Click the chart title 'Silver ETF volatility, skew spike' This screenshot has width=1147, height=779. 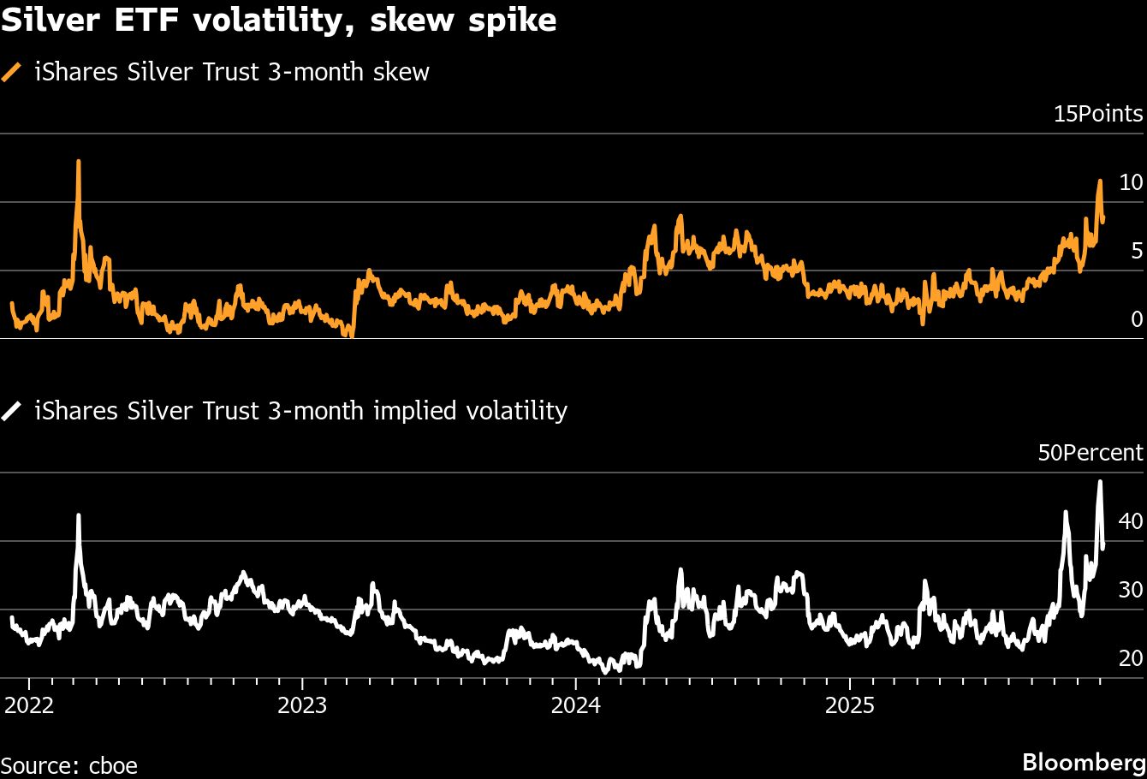[x=278, y=20]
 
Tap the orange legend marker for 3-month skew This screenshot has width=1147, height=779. [x=12, y=73]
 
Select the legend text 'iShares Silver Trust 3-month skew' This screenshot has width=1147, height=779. [x=231, y=72]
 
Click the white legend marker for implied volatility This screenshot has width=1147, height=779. [x=12, y=412]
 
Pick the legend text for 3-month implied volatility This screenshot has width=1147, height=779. [x=300, y=412]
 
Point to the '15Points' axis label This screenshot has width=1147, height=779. [x=1097, y=114]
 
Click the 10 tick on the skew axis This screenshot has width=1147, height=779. [x=1130, y=182]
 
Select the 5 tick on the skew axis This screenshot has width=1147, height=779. [x=1136, y=251]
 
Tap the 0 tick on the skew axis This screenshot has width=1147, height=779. [x=1136, y=319]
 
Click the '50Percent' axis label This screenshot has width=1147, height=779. [x=1091, y=453]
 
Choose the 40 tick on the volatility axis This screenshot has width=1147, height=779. [x=1130, y=521]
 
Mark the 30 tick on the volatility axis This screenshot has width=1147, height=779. [x=1130, y=590]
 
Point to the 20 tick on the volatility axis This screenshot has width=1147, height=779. [x=1130, y=658]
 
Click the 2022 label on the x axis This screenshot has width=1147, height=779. [x=29, y=707]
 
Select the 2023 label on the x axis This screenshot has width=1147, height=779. [x=302, y=707]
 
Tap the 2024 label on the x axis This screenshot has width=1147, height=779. [x=575, y=707]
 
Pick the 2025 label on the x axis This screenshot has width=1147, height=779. [x=848, y=707]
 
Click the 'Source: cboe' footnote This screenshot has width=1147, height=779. [x=68, y=764]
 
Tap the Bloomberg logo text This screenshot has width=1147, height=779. [x=1085, y=762]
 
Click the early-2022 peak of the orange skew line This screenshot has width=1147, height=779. [x=79, y=162]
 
